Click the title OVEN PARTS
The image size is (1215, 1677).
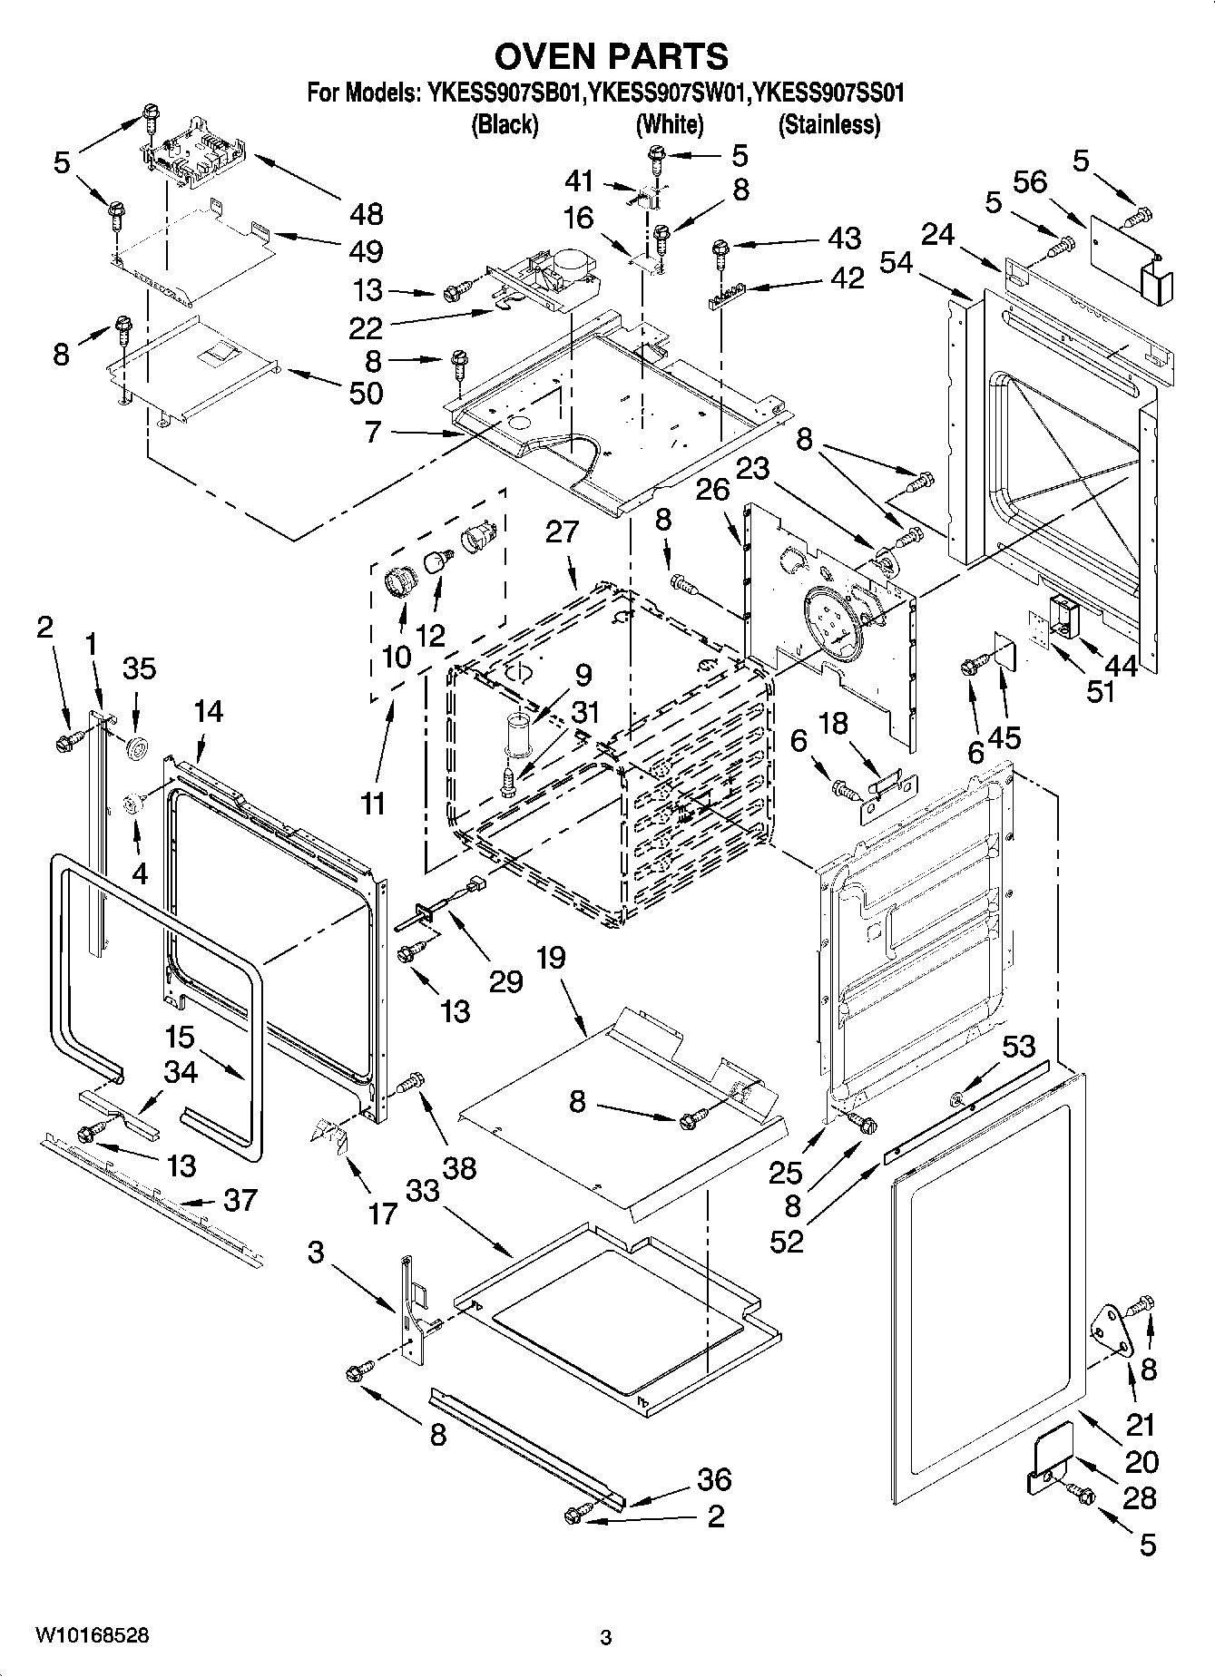coord(611,56)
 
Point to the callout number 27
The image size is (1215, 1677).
coord(562,531)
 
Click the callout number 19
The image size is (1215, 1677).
coord(550,958)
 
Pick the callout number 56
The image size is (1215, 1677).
coord(1030,182)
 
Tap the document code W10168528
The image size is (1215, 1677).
coord(93,1635)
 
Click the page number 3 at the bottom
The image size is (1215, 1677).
coord(606,1637)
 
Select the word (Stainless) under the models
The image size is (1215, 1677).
coord(828,124)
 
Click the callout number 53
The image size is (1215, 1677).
coord(1017,1047)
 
